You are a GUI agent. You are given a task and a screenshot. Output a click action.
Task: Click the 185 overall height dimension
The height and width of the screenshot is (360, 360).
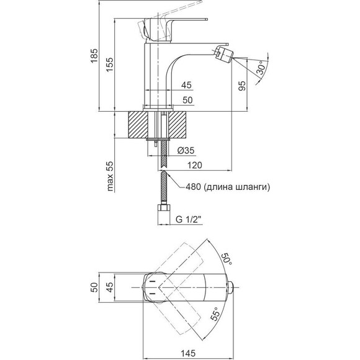point(94,56)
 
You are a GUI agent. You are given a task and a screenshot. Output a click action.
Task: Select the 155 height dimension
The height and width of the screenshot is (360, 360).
point(110,65)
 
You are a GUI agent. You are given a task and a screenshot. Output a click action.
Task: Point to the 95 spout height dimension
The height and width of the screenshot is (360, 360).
point(242,86)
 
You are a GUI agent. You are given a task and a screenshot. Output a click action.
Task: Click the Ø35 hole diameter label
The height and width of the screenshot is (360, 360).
point(186,150)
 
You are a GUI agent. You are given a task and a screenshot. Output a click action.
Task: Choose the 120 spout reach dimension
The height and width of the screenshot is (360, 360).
point(195,165)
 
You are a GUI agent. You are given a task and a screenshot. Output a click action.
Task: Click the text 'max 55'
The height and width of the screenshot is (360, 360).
point(110,176)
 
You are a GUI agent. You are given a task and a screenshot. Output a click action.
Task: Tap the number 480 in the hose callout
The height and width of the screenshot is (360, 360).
point(193,187)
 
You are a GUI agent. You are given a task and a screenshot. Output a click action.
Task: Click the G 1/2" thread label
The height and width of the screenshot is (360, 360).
point(188,220)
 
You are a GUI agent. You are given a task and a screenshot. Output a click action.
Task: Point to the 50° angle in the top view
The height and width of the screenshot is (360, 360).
point(227,259)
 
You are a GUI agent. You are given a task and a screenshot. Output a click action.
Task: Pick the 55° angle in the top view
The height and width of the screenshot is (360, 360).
point(215,313)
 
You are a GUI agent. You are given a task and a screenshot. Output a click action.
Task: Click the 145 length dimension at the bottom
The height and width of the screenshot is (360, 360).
point(188,353)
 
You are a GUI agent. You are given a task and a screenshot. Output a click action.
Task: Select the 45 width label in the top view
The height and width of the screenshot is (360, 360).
point(110,287)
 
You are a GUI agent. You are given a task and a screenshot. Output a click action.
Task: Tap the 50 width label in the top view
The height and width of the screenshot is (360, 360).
point(94,287)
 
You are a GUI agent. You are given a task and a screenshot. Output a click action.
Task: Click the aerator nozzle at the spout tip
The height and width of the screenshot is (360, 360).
point(224,54)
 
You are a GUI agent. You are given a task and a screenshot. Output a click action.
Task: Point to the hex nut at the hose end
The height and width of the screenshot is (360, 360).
point(163,209)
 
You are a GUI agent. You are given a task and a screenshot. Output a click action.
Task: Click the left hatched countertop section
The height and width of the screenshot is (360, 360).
point(138,125)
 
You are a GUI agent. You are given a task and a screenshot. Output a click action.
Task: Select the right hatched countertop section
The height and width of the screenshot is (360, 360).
point(178,125)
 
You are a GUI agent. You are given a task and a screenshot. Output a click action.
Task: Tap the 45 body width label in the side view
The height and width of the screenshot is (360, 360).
point(186,85)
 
